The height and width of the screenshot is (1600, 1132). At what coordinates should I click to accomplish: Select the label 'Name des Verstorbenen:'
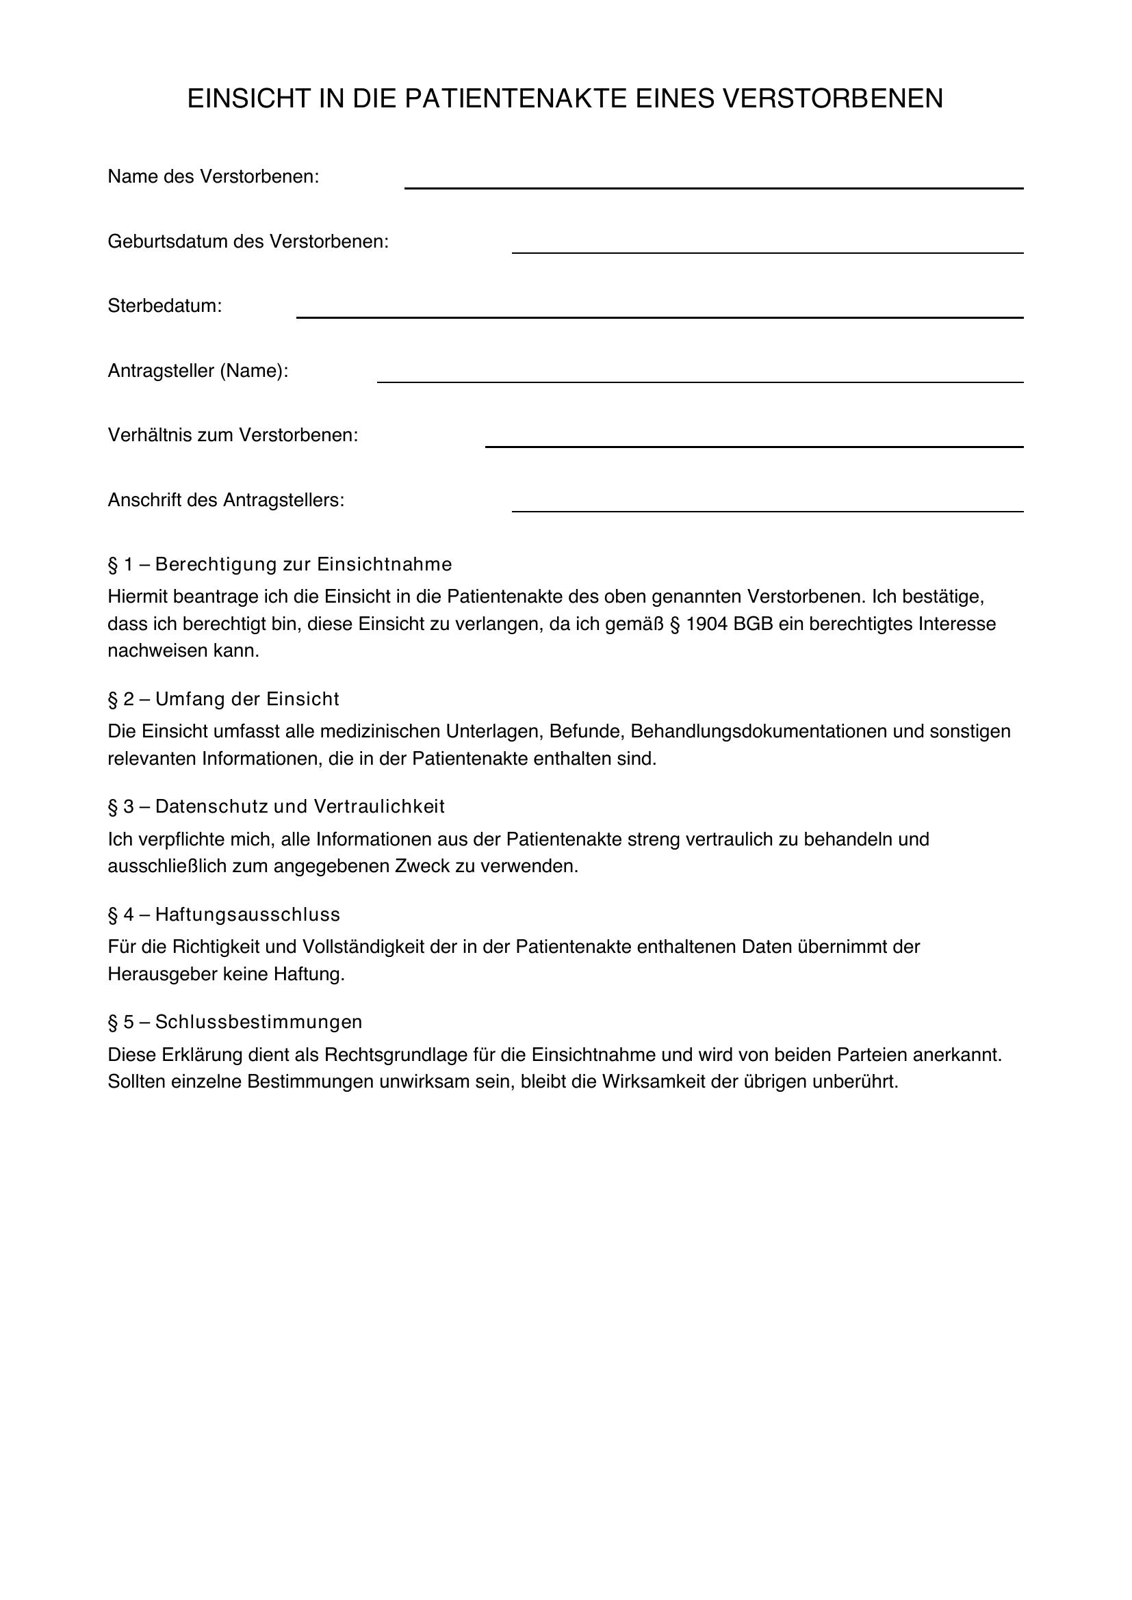coord(214,177)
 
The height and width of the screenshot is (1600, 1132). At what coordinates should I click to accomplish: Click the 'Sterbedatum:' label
coord(164,306)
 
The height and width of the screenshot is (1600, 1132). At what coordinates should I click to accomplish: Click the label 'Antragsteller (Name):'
coord(198,371)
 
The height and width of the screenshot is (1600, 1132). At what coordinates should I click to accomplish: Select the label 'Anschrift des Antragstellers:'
coord(226,500)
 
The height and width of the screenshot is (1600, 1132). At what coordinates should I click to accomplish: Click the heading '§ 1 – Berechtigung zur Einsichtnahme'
coord(279,564)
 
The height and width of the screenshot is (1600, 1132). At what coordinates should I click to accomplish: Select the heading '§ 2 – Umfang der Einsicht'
coord(223,699)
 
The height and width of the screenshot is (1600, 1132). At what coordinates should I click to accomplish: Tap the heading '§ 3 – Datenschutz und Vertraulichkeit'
coord(276,806)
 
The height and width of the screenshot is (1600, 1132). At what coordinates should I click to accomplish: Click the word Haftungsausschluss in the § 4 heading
coord(248,915)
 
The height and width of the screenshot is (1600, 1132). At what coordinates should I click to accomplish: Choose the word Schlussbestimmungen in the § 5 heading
coord(259,1021)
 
